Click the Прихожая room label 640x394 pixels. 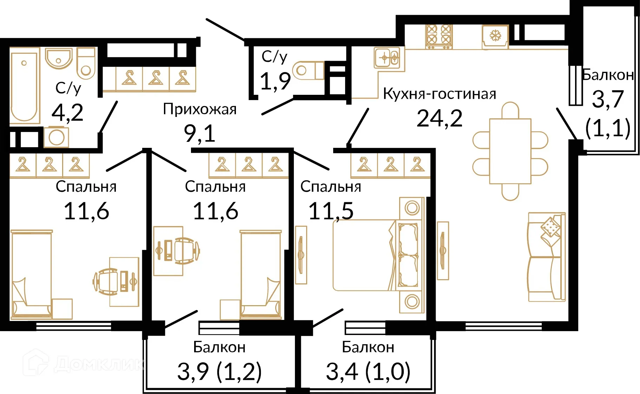pos(199,109)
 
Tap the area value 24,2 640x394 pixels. pos(439,118)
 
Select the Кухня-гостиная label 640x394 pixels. pos(439,94)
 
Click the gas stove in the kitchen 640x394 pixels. pos(438,36)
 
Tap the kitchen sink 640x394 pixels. pos(387,58)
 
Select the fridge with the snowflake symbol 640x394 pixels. pos(495,36)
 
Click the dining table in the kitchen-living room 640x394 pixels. pos(510,151)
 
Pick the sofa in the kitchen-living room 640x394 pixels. pos(546,257)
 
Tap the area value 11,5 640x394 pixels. pos(331,211)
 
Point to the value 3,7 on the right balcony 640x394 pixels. pos(608,99)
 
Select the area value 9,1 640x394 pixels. pos(199,133)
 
